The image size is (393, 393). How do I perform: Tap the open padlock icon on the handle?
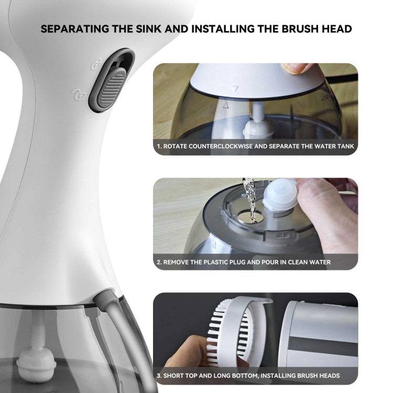click(x=77, y=95)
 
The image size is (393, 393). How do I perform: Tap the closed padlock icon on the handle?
click(x=96, y=64)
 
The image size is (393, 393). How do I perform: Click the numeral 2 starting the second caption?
click(x=158, y=261)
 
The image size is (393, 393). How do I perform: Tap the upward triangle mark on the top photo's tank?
click(x=226, y=105)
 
